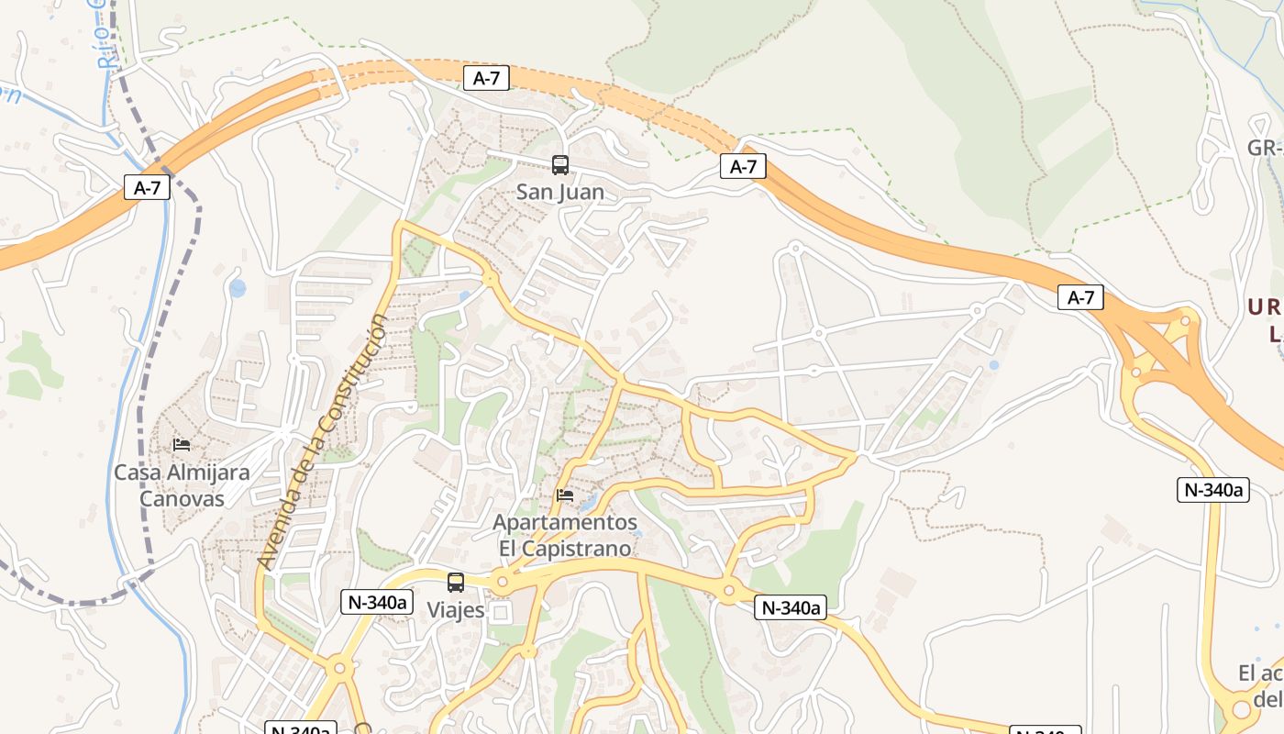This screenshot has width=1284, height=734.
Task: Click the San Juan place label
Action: pos(559,192)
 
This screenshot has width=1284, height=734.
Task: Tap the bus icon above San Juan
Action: pos(559,165)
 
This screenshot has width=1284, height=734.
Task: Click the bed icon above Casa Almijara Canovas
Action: pos(182,445)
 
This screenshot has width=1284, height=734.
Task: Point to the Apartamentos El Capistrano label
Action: pos(565,535)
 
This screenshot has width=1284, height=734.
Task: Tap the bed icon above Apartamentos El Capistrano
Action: pos(565,495)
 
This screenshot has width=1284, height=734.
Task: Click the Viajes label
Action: pos(455,610)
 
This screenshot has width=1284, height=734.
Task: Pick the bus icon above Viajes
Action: pos(455,582)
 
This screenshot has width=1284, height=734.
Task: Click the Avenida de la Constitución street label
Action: pos(323,440)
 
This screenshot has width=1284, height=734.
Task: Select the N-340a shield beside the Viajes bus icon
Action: pos(377,602)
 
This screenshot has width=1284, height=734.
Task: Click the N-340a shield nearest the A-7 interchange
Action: pos(1212,490)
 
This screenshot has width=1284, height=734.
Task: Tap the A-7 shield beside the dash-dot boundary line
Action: pos(147,188)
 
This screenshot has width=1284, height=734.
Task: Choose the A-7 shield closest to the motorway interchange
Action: pos(1079,297)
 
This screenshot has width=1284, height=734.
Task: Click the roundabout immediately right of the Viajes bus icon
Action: pos(501,582)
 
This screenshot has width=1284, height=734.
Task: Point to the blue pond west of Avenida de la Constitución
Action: pos(238,289)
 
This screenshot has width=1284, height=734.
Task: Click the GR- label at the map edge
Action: pos(1264,148)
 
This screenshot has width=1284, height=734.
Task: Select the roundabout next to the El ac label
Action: pos(1241,708)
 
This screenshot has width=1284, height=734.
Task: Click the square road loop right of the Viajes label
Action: pos(501,612)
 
